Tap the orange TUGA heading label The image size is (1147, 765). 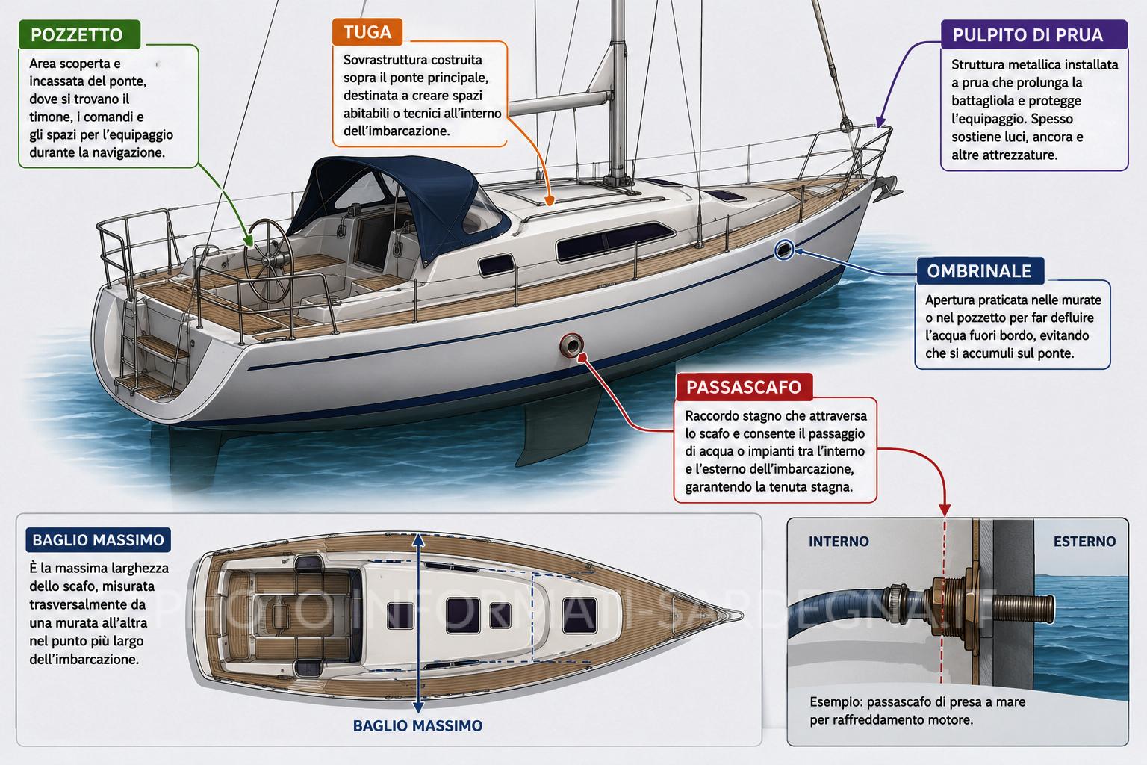pos(367,32)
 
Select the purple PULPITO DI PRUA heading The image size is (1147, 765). pos(1033,35)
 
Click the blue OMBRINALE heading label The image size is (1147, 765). pos(979,271)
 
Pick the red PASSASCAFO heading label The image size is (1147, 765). pos(744,387)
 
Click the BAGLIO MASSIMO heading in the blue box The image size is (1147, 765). pos(99,540)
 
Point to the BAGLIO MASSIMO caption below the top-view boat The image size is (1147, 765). pos(418,725)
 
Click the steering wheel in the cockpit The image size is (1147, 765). pos(268,261)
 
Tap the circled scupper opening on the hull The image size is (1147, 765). pos(783,250)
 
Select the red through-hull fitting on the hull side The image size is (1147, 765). pos(571,345)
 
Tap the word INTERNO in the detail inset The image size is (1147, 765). pos(839,541)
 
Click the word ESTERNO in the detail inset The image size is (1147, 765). pos(1084,541)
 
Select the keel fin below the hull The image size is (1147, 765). pos(557,425)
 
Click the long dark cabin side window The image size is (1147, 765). pos(615,241)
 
